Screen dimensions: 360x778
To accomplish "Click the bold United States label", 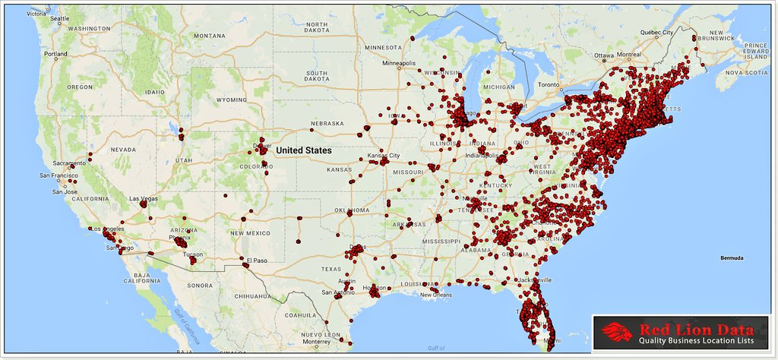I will point(303,150).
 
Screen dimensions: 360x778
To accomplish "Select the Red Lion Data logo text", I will point(697,330).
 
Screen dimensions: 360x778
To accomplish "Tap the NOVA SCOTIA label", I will point(744,74).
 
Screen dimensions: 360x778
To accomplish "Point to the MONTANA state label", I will point(209,36).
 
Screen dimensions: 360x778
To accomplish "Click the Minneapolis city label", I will point(399,63).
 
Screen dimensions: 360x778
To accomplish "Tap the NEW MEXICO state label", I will point(249,232).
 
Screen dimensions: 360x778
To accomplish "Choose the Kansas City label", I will point(384,156).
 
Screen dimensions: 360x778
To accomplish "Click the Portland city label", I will point(55,55).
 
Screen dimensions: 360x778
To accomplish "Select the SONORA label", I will point(201,285).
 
